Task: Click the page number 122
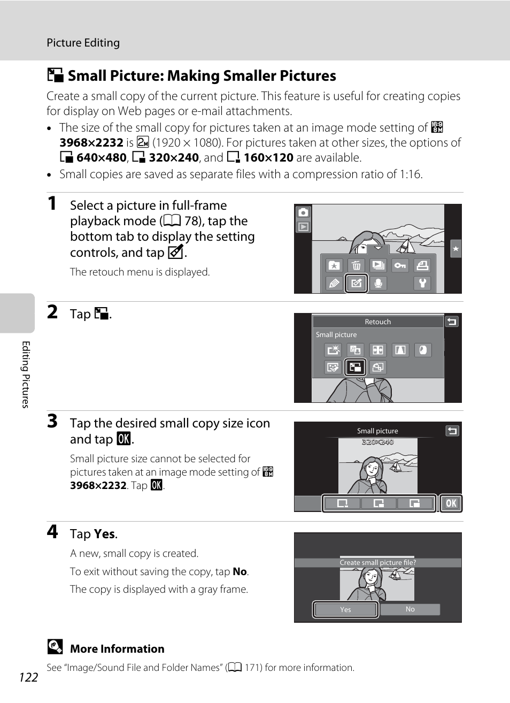(28, 677)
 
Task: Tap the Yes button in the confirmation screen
(346, 609)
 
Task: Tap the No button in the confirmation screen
(410, 609)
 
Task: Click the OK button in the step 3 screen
(451, 503)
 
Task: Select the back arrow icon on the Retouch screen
(452, 322)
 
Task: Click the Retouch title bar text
(377, 322)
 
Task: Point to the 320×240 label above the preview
(377, 442)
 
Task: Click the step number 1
(52, 203)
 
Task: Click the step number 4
(52, 531)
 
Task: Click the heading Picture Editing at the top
(83, 43)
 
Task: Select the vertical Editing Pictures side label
(25, 375)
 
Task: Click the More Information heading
(117, 649)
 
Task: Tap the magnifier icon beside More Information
(55, 647)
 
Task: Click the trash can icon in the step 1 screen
(356, 265)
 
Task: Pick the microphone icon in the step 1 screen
(378, 283)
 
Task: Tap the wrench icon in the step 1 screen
(422, 283)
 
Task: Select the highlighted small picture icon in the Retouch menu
(356, 367)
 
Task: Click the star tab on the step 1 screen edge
(455, 248)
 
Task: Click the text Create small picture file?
(377, 563)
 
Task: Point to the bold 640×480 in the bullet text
(102, 158)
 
